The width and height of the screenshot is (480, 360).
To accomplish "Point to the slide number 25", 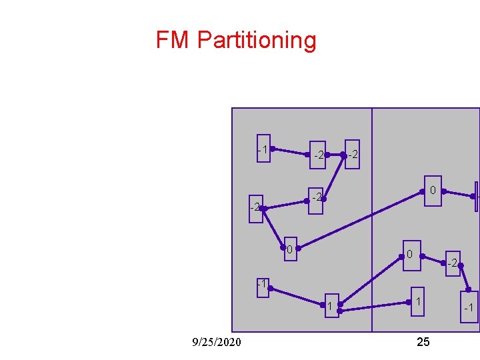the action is (423, 342).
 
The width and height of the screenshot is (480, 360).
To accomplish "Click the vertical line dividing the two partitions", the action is (371, 220).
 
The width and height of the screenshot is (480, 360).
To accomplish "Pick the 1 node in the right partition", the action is (417, 303).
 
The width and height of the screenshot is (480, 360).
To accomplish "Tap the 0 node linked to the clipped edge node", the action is (432, 191).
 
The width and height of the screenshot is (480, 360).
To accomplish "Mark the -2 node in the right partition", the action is (452, 263).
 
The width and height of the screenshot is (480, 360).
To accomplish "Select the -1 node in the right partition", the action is (469, 307).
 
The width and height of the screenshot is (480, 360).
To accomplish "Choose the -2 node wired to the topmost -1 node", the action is (319, 155).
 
